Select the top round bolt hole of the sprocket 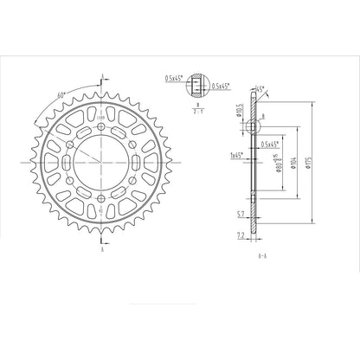[x=102, y=129]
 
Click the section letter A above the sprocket [x=102, y=75]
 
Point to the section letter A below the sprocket [x=102, y=248]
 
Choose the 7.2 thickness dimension [x=241, y=235]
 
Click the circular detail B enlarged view [x=198, y=85]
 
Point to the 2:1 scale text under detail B [x=198, y=111]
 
